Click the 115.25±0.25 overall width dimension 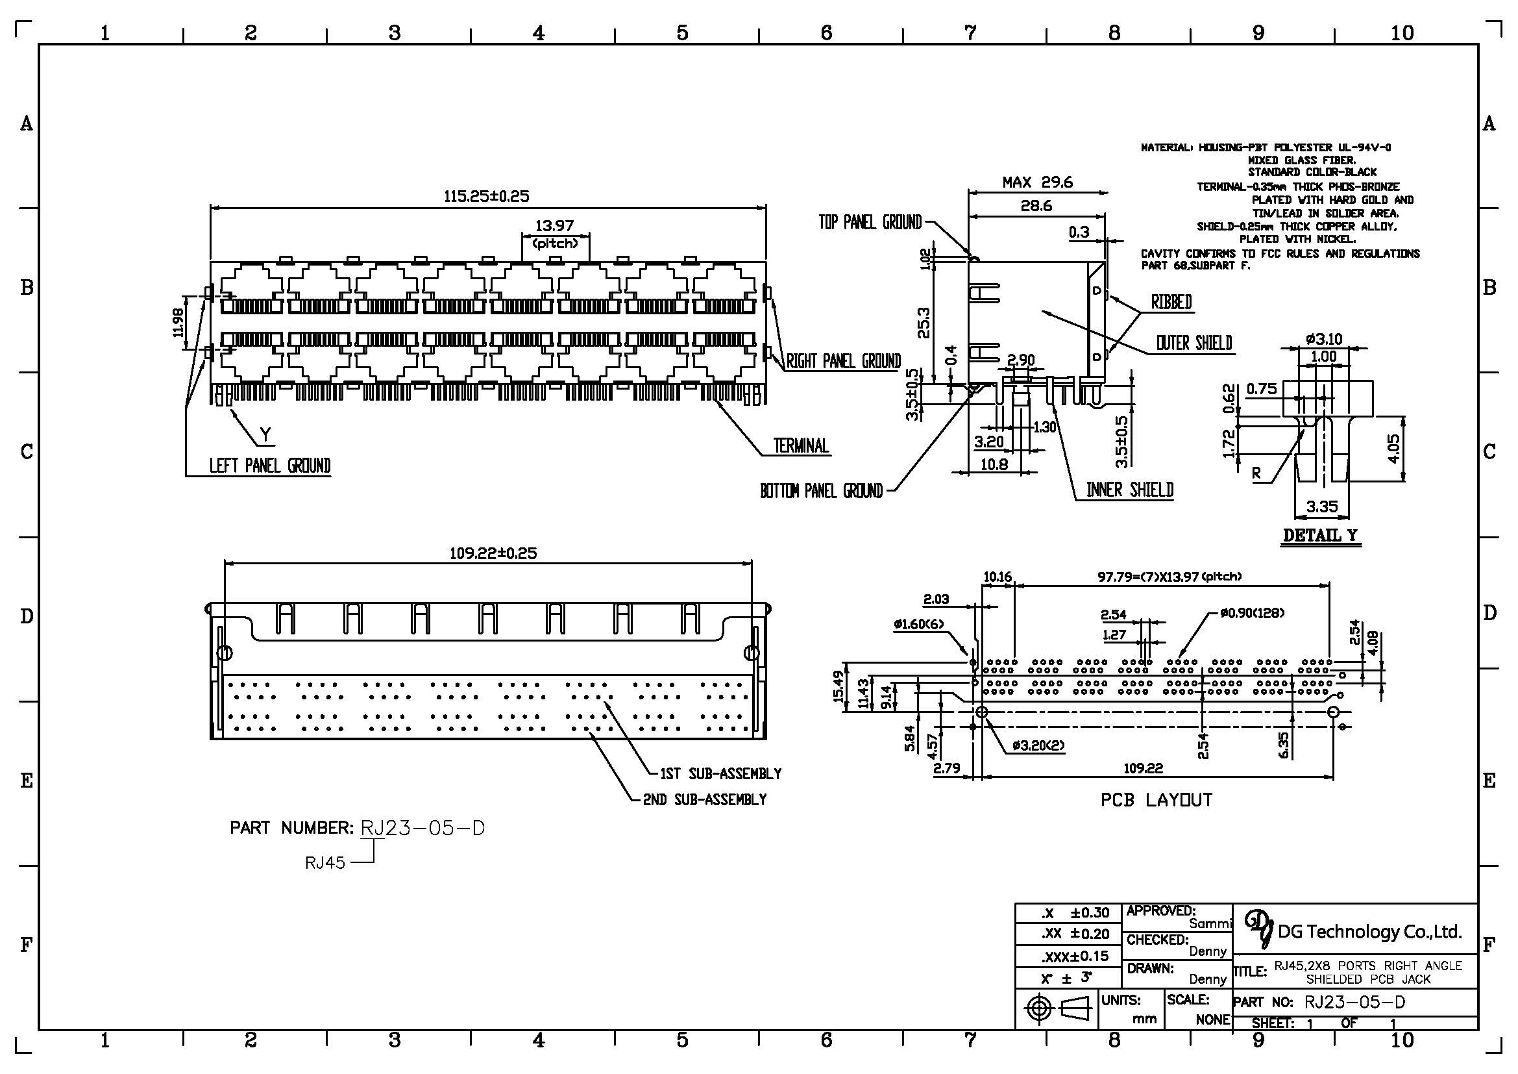[x=487, y=196]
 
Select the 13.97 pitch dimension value [x=555, y=226]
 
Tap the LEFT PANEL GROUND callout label [x=270, y=466]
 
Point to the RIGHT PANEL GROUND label [x=844, y=361]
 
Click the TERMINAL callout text [x=802, y=445]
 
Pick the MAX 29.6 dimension [x=1037, y=182]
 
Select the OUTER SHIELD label [x=1194, y=343]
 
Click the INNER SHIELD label [x=1130, y=490]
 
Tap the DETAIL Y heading [x=1320, y=536]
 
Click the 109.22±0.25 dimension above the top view [x=493, y=553]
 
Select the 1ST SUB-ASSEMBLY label [x=720, y=774]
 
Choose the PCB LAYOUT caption [x=1157, y=800]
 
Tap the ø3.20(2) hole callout [x=1038, y=746]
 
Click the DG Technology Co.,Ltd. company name [x=1369, y=932]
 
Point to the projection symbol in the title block [x=1057, y=1008]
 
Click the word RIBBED [x=1171, y=302]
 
